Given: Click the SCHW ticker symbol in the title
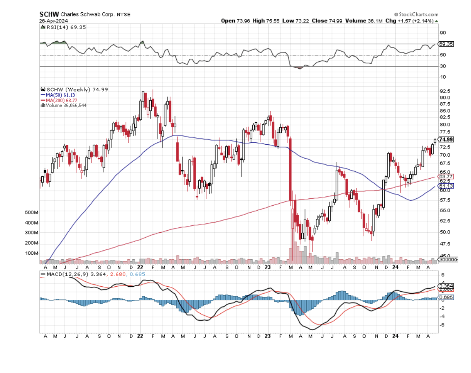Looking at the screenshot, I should tap(47, 14).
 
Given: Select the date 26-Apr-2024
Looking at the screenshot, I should tap(54, 20).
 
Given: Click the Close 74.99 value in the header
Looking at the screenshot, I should tap(327, 20).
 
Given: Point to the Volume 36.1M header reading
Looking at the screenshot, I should tap(363, 20).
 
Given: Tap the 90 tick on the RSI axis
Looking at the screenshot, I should tap(442, 33).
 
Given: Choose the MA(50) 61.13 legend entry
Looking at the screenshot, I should tap(60, 95).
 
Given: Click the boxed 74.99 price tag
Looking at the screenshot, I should tap(446, 139).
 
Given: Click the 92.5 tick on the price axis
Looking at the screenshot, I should tap(444, 91).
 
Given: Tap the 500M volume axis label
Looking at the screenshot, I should tap(31, 213).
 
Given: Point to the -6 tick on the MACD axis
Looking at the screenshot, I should tap(442, 325).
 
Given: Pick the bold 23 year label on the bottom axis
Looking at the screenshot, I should tap(268, 336).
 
